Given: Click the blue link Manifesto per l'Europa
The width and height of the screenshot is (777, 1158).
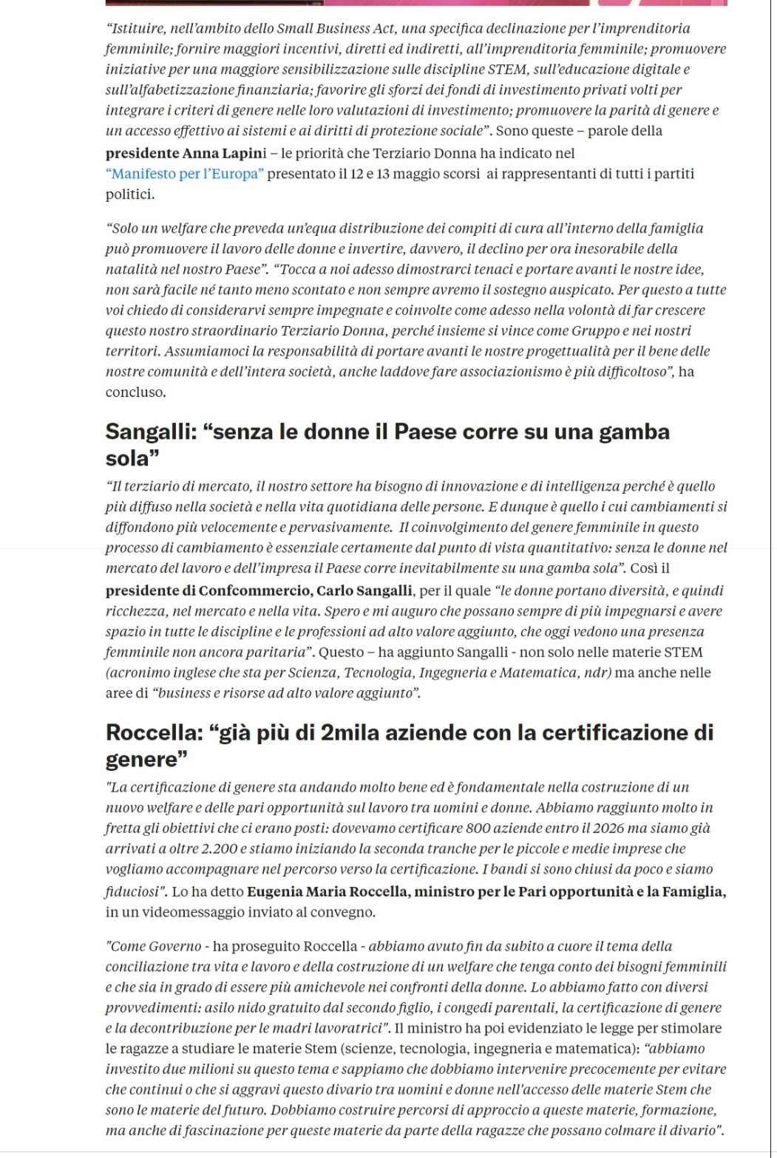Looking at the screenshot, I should (x=184, y=174).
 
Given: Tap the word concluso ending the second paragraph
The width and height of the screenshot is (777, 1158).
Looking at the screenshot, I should (x=135, y=392).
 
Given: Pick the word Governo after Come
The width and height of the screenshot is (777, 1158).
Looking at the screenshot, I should (x=175, y=947).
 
